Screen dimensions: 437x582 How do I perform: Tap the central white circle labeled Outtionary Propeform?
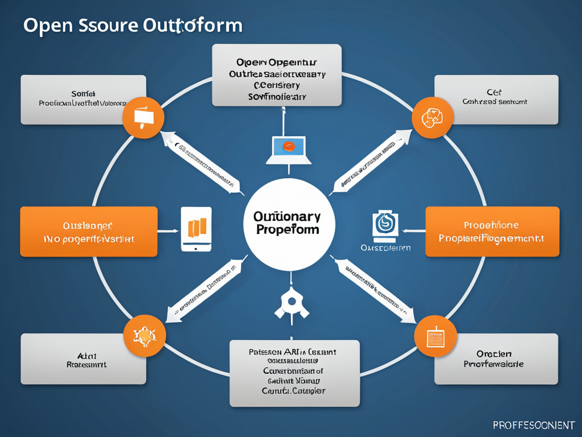(x=288, y=224)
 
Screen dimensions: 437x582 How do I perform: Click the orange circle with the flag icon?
(x=143, y=118)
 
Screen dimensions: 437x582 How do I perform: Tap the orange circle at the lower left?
(x=144, y=336)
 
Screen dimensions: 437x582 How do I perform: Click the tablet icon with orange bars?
(x=196, y=229)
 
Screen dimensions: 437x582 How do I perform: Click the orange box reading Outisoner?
(x=89, y=232)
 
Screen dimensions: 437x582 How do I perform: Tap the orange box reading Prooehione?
(x=492, y=232)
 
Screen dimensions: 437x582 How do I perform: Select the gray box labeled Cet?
(x=496, y=100)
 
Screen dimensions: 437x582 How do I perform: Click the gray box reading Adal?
(x=83, y=358)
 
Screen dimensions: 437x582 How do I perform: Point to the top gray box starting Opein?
(x=277, y=75)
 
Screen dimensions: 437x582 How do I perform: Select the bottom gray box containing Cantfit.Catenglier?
(x=294, y=373)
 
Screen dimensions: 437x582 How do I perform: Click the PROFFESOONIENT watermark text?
(x=533, y=424)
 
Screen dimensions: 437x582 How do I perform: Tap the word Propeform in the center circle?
(x=288, y=230)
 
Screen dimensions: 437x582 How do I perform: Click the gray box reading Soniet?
(x=83, y=100)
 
